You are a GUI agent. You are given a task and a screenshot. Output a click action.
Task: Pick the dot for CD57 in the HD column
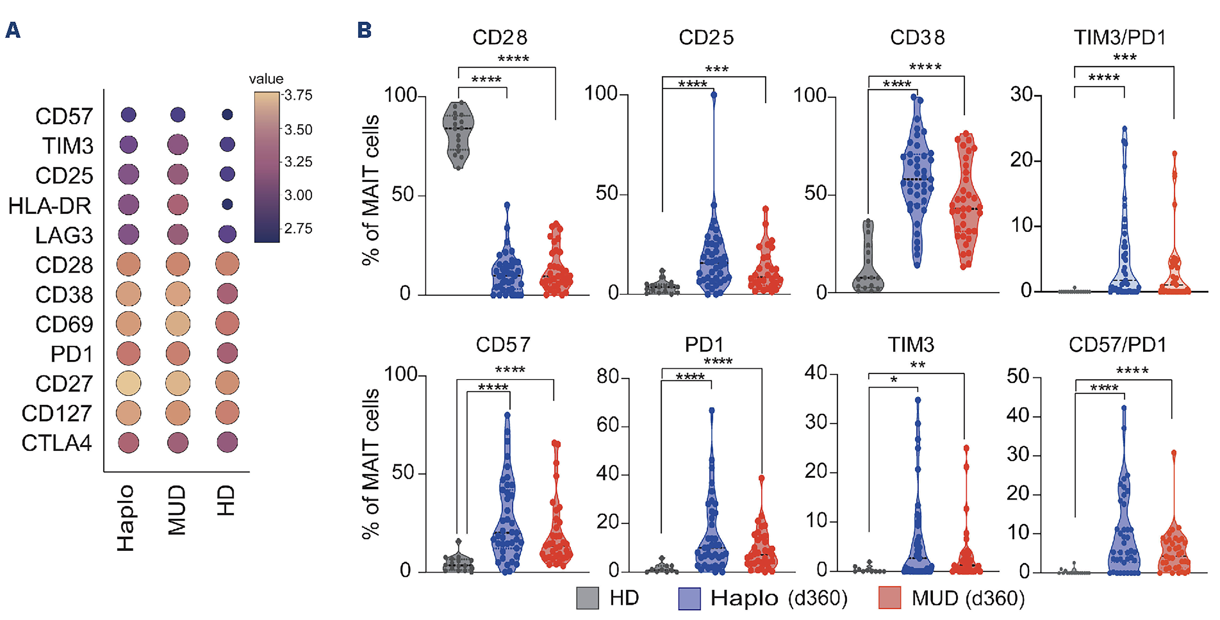pyautogui.click(x=227, y=114)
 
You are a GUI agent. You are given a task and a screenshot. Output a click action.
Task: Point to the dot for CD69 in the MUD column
pyautogui.click(x=178, y=324)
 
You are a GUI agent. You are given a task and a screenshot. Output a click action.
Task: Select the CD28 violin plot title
pyautogui.click(x=500, y=37)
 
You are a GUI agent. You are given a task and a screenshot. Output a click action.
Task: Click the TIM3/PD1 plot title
pyautogui.click(x=1119, y=37)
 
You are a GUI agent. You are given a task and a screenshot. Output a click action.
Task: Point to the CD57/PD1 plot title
pyautogui.click(x=1117, y=345)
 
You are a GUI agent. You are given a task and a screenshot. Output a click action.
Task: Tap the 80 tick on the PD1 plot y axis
pyautogui.click(x=608, y=377)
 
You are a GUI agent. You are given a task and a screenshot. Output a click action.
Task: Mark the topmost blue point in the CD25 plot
pyautogui.click(x=714, y=95)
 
